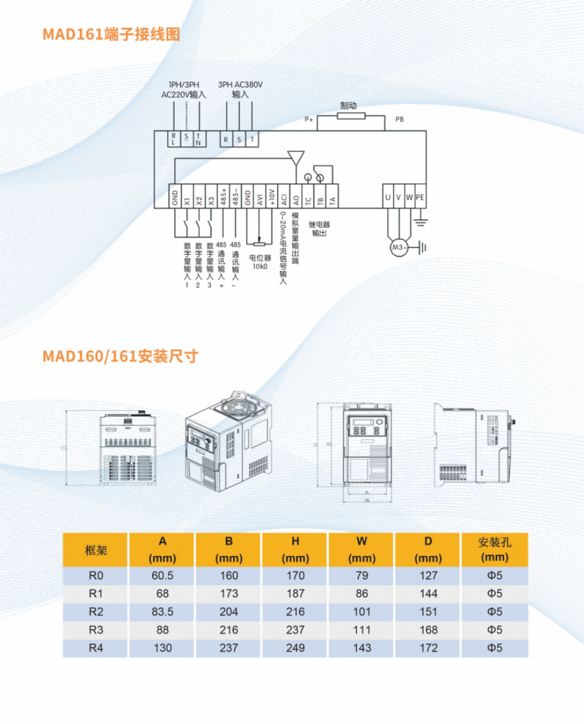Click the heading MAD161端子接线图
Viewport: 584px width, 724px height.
coord(111,34)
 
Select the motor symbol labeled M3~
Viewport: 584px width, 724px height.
coord(398,247)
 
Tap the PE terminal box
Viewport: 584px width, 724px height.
coord(420,197)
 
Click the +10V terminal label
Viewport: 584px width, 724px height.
coord(272,197)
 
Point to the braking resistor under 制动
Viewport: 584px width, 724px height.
coord(351,116)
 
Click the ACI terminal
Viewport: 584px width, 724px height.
coord(284,197)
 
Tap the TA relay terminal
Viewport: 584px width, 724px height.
coord(332,197)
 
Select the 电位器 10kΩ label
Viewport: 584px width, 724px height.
coord(260,261)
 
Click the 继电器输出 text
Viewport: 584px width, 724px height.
coord(319,228)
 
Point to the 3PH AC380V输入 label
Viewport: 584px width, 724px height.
coord(240,90)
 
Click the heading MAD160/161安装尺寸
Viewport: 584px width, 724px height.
coord(120,356)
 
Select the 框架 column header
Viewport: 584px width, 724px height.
coord(96,550)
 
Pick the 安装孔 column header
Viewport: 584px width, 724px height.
coord(494,549)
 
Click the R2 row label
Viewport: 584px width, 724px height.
coord(96,611)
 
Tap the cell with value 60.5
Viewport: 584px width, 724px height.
coord(162,575)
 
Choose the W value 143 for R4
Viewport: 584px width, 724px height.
coord(361,647)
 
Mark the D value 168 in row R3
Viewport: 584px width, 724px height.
coord(428,629)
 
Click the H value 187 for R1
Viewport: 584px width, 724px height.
coord(295,593)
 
